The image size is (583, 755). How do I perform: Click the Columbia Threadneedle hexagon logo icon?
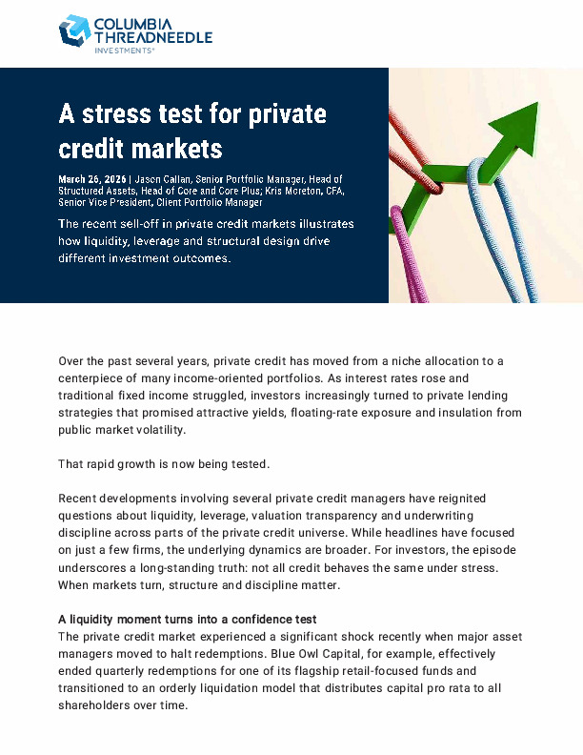click(74, 31)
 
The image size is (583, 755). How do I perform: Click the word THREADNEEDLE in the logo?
click(153, 37)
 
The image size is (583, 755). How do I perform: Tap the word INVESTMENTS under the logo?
click(122, 50)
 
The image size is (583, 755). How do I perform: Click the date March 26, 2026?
click(92, 179)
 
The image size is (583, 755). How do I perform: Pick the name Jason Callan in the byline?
click(163, 179)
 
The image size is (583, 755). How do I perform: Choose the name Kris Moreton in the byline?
click(296, 191)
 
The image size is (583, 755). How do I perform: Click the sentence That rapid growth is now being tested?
click(164, 464)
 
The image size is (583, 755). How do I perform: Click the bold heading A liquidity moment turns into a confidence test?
click(187, 619)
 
